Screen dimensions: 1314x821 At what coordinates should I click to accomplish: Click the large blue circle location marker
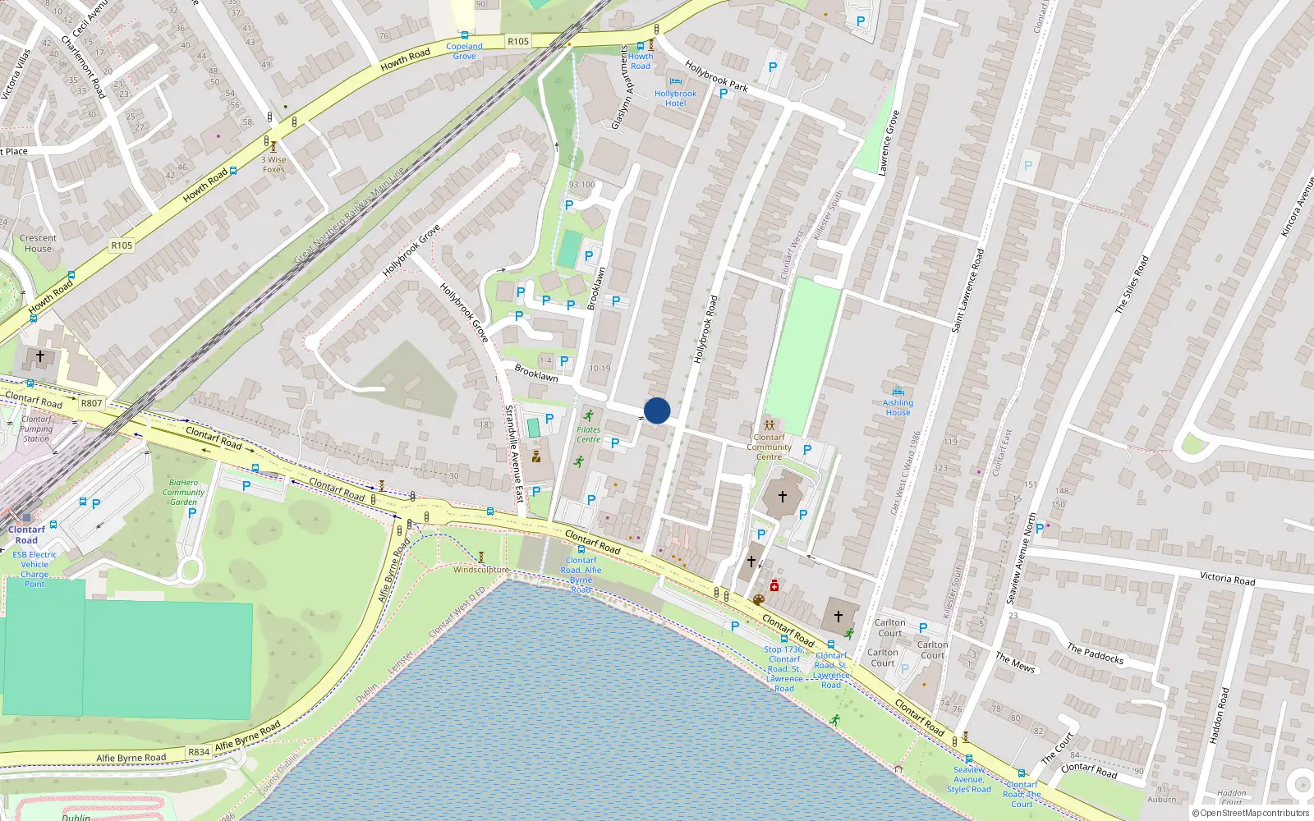[x=657, y=410]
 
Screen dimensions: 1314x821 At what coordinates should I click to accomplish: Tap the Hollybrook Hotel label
[x=675, y=99]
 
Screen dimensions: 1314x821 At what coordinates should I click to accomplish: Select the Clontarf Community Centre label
[x=769, y=447]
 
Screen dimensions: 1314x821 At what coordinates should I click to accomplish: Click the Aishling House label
[x=898, y=407]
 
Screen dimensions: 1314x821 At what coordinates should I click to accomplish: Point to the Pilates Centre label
[x=588, y=434]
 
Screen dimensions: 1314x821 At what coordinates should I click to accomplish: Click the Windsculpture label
[x=480, y=569]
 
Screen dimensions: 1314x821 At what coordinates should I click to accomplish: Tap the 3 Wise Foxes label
[x=273, y=165]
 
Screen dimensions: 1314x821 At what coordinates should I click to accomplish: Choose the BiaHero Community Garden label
[x=183, y=492]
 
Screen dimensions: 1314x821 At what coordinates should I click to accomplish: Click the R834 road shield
[x=199, y=751]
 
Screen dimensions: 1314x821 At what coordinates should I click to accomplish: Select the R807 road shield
[x=91, y=403]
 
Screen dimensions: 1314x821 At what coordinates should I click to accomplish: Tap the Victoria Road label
[x=1227, y=578]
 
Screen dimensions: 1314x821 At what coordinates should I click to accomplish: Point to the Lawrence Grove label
[x=889, y=143]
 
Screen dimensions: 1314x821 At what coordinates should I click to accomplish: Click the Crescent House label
[x=38, y=243]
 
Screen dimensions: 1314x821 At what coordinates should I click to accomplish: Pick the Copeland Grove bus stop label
[x=464, y=51]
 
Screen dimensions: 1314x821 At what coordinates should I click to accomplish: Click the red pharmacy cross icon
[x=774, y=585]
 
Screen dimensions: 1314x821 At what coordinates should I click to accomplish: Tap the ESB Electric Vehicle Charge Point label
[x=34, y=569]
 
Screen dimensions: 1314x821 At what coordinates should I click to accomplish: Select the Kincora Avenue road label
[x=1298, y=206]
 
